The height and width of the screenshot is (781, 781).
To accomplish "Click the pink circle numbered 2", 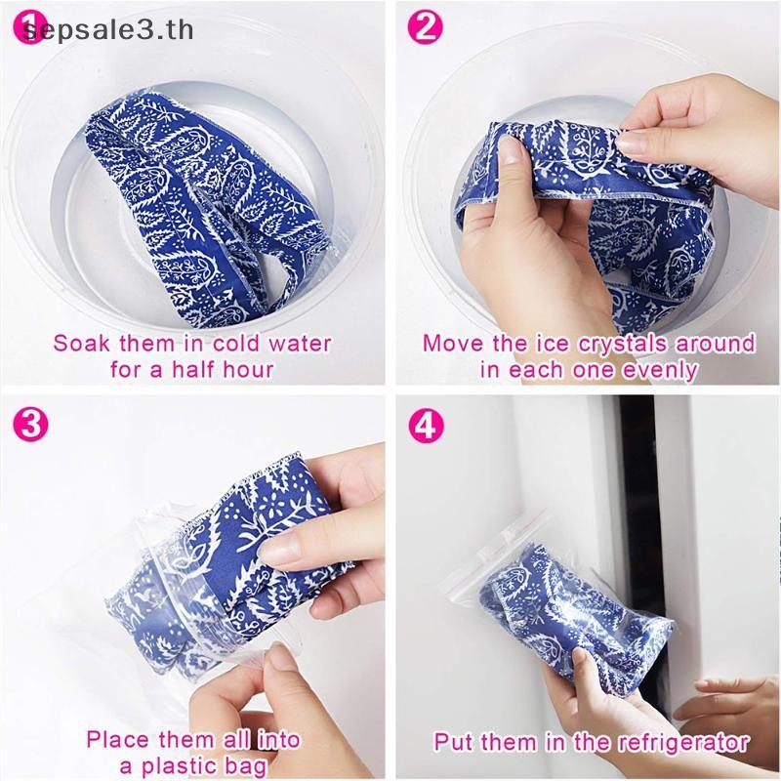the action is [x=425, y=27].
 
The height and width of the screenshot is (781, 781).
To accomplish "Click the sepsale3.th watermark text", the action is [x=108, y=30].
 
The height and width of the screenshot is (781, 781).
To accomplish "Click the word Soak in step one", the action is [x=81, y=344].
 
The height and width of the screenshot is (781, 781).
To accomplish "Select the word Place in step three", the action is [x=118, y=740].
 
